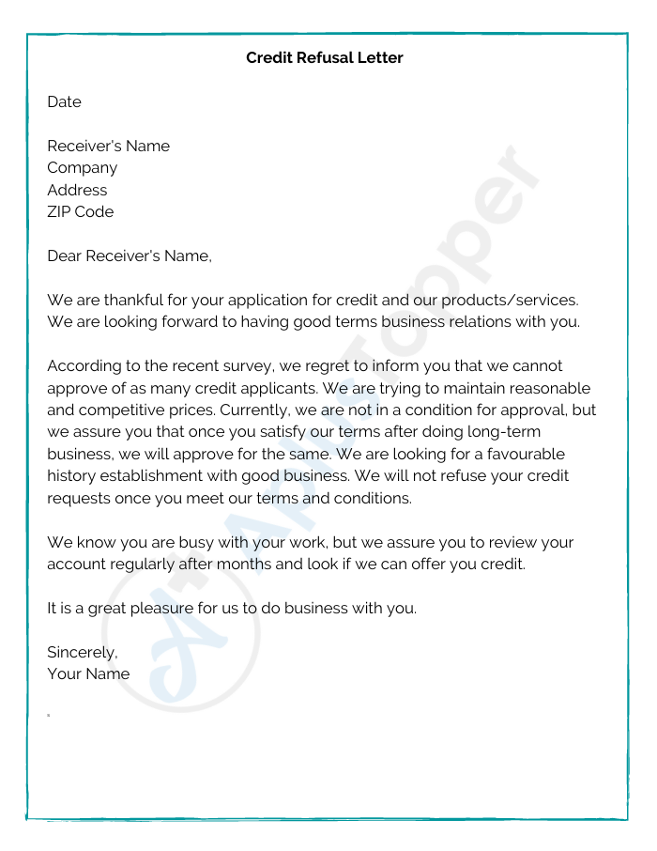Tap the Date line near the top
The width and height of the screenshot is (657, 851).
click(x=64, y=102)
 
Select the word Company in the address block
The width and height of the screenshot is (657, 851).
click(x=83, y=168)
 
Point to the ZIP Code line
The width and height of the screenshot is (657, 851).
click(x=80, y=212)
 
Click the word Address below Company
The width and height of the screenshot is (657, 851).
click(x=77, y=190)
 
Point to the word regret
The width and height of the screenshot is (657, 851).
click(x=321, y=366)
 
